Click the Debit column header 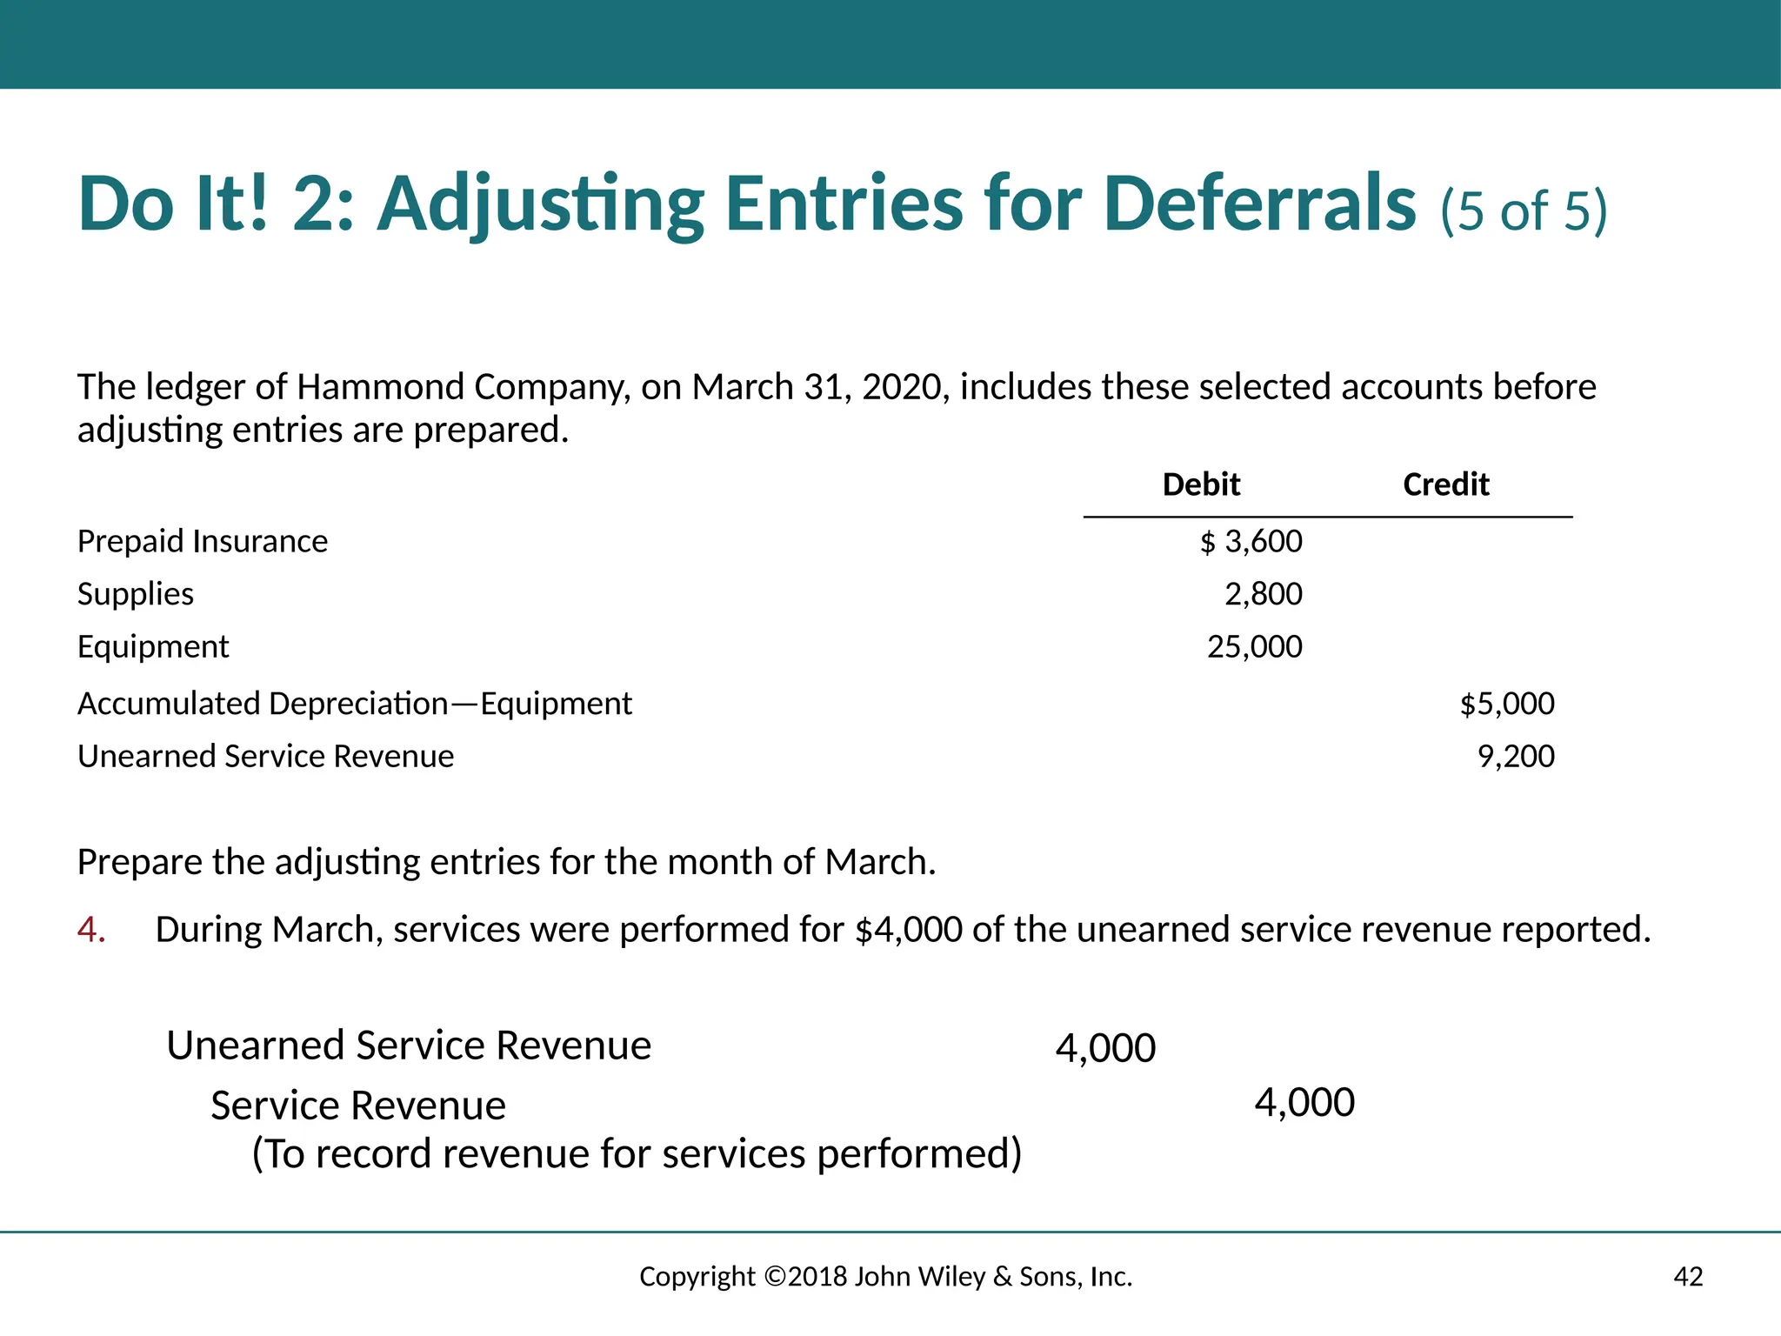(x=1201, y=484)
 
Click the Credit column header (x=1445, y=484)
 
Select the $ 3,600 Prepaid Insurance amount (x=1251, y=542)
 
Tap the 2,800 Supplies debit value (x=1263, y=594)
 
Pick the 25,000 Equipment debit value (x=1254, y=647)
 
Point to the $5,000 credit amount (x=1507, y=704)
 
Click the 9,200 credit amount (x=1516, y=757)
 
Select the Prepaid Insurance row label (x=203, y=542)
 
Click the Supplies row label (x=136, y=594)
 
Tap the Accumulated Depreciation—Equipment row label (x=355, y=704)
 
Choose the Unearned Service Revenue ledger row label (x=265, y=757)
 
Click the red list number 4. (x=91, y=930)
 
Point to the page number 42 (x=1688, y=1277)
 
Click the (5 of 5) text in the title (x=1524, y=211)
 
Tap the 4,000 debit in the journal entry (x=1105, y=1048)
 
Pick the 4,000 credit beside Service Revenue (x=1304, y=1103)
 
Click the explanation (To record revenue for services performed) (x=637, y=1154)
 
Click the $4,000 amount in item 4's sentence (x=909, y=930)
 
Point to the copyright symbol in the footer (x=774, y=1277)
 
